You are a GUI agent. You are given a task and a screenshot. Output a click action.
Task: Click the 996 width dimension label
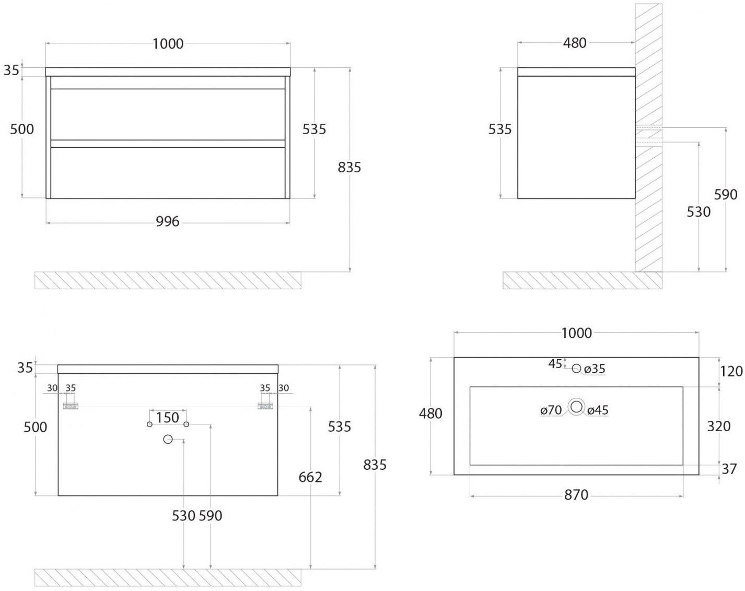[168, 222]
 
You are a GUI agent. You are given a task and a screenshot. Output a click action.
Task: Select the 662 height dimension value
[310, 477]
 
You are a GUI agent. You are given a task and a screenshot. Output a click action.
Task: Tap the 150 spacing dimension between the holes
[168, 417]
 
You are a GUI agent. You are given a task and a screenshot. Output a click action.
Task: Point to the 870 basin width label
[576, 494]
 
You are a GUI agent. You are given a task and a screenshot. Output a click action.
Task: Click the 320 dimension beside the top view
[718, 426]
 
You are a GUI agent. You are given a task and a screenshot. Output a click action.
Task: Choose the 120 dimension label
[731, 371]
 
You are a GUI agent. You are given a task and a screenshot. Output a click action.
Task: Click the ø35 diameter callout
[595, 369]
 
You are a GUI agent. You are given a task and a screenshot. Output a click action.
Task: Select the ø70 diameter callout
[551, 410]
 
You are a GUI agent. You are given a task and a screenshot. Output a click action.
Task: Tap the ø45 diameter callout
[598, 410]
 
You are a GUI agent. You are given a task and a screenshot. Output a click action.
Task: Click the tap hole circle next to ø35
[576, 369]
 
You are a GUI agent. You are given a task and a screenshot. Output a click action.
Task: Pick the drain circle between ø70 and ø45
[576, 407]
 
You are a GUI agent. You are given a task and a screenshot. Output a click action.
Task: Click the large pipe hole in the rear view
[168, 440]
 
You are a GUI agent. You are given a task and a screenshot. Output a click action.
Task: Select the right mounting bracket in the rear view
[266, 406]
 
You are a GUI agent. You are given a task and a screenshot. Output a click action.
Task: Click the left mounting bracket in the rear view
[70, 406]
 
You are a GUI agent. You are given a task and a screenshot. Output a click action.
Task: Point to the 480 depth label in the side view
[575, 43]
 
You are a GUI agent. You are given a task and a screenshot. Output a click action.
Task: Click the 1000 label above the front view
[168, 43]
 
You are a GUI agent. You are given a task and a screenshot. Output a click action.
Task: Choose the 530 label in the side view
[699, 211]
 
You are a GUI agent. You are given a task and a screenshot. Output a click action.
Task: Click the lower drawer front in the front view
[168, 172]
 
